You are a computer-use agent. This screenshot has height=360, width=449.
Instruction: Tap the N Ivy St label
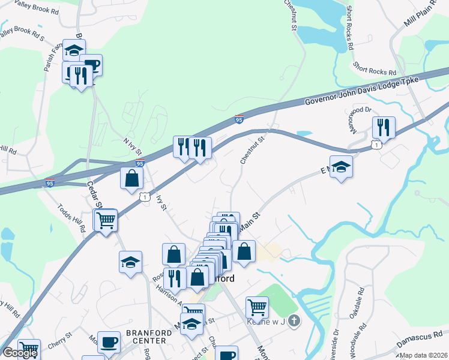[x=133, y=145]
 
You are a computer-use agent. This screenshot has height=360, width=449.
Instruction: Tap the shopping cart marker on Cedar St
[x=106, y=220]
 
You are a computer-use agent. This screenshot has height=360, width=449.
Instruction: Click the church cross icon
[x=293, y=321]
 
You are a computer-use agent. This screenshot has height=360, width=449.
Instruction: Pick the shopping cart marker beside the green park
[x=257, y=307]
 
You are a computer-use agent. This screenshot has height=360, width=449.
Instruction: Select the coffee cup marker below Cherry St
[x=109, y=342]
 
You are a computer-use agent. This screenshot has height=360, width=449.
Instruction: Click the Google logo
[x=20, y=353]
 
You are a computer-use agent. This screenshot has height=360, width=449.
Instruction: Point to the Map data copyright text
[x=424, y=355]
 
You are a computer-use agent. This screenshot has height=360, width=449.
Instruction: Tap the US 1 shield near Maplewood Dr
[x=376, y=145]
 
